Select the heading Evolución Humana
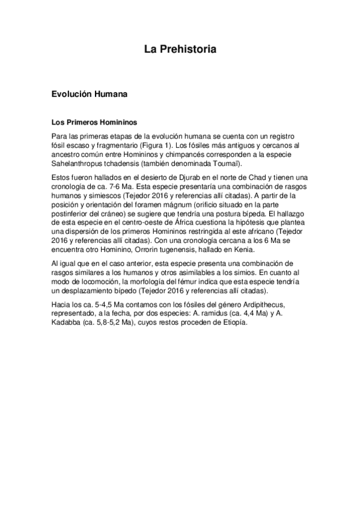tap(88, 95)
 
